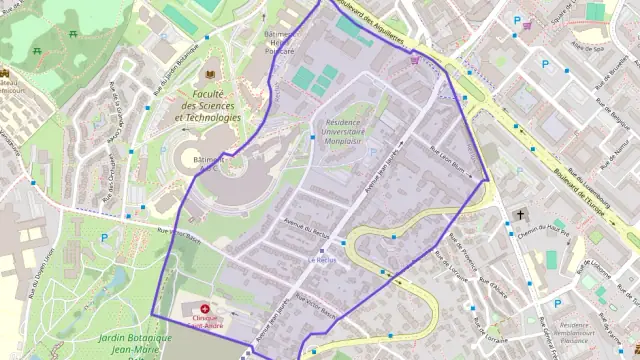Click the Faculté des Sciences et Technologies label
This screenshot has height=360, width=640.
(208, 105)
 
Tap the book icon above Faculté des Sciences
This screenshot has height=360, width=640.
(210, 74)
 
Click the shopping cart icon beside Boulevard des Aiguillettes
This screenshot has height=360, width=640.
(414, 60)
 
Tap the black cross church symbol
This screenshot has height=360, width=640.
(520, 214)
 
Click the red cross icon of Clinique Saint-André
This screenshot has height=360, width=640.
(206, 310)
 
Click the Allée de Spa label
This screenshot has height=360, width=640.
(588, 47)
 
